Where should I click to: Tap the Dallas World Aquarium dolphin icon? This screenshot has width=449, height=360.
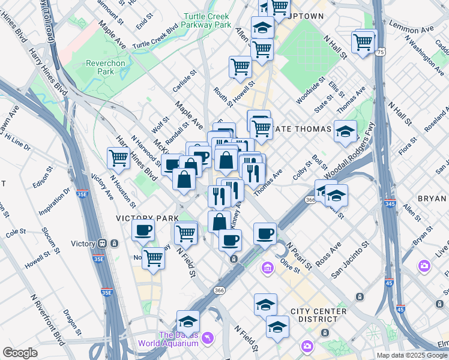(x=208, y=338)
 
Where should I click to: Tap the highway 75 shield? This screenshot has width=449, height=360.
(x=381, y=53)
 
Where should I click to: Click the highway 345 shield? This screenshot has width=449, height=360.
(x=389, y=205)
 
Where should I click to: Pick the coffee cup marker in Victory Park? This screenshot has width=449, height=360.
(x=143, y=229)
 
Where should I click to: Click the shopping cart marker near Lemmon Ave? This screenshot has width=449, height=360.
(x=364, y=42)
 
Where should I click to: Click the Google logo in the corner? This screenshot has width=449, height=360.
(x=20, y=353)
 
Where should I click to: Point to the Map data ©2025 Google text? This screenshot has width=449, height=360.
(x=412, y=355)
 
